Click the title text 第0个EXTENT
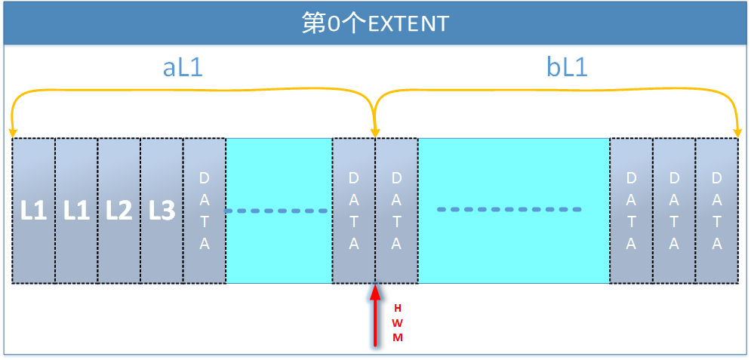375,23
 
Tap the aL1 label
183,68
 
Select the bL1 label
567,68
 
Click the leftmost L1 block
34,211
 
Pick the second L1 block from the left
76,211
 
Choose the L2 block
119,211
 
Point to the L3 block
162,211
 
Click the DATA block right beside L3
205,211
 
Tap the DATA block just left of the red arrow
354,211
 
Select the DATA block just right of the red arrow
396,211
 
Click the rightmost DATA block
716,211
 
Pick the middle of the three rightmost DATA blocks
674,211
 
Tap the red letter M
398,337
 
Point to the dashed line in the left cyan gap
279,211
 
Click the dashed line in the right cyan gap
509,209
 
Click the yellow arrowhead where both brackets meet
375,133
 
